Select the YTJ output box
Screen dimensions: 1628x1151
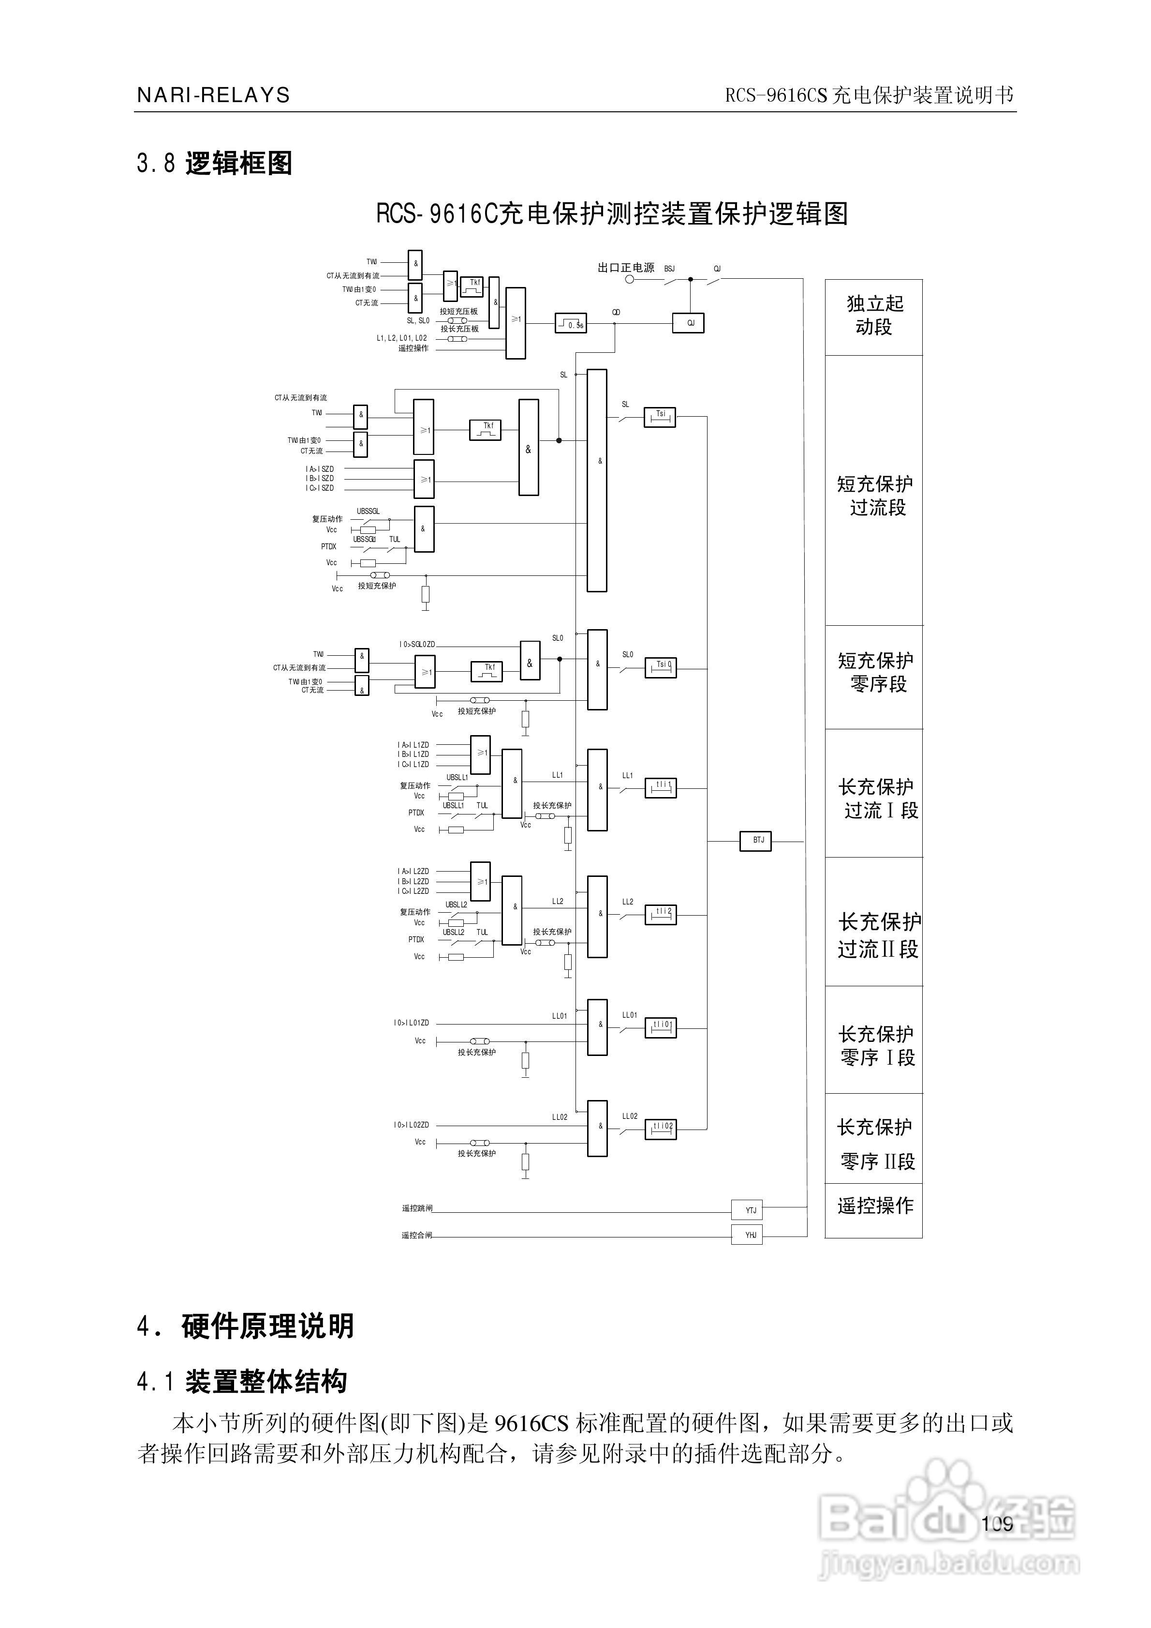(x=747, y=1210)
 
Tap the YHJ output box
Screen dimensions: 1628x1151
(x=747, y=1235)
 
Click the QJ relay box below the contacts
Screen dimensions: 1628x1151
(x=688, y=323)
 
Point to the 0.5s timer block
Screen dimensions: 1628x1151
(x=571, y=323)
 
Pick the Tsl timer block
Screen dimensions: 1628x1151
(x=660, y=417)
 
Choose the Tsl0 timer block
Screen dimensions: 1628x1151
(x=661, y=668)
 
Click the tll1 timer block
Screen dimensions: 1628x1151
(x=661, y=788)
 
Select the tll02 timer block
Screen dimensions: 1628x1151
(x=661, y=1129)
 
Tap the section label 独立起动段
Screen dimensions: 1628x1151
(x=874, y=316)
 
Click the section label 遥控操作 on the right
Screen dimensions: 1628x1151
(x=874, y=1206)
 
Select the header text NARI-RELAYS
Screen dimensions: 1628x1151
(x=213, y=96)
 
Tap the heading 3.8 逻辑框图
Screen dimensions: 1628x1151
(x=214, y=164)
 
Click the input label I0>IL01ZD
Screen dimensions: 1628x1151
(x=411, y=1023)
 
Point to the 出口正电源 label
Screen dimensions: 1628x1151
(x=626, y=268)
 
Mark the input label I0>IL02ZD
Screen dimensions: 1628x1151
(x=411, y=1125)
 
